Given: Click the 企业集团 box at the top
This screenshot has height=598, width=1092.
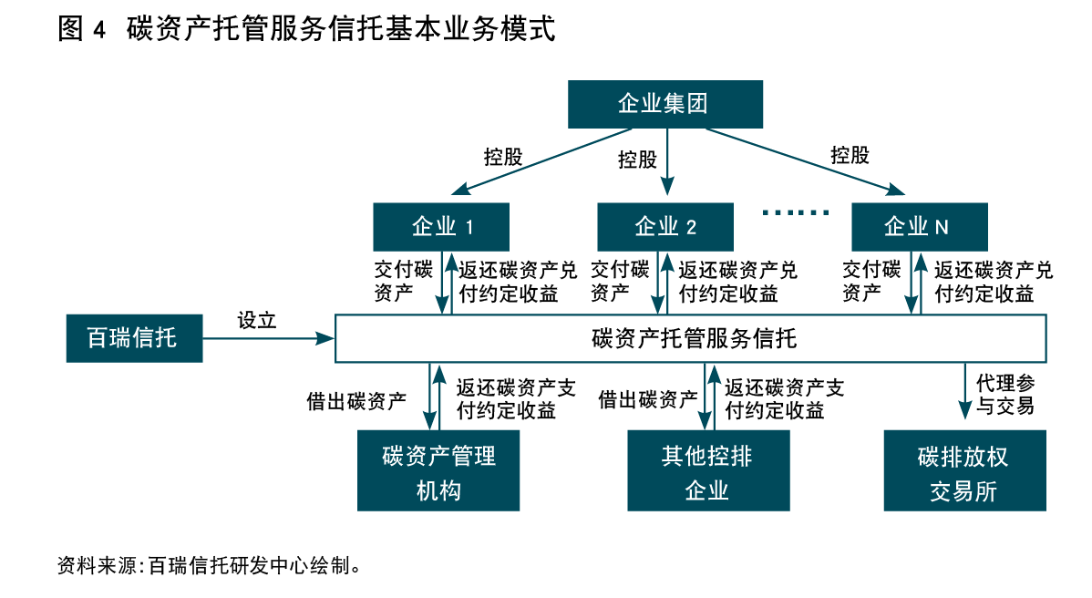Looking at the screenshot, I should coord(664,104).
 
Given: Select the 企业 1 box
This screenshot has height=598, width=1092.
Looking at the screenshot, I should coord(441,226).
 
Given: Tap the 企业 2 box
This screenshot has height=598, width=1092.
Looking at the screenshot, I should coord(665,226).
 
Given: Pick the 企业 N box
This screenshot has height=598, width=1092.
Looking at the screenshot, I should coord(918,226).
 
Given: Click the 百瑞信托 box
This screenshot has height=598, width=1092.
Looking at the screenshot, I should coord(134,338).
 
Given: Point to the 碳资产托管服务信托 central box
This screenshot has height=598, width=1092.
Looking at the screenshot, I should coord(692,339).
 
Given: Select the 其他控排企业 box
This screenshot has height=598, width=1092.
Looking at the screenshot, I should coord(707,471).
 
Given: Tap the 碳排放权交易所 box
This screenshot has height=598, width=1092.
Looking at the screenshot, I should coord(964,471).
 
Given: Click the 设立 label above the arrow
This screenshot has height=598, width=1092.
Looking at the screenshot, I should coord(256,320).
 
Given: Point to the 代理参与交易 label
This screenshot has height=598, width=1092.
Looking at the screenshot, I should coord(1004,393).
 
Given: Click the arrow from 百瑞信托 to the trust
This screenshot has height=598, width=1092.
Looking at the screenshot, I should coord(269,339).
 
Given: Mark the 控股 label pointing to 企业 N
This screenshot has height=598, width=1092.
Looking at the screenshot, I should coord(850,155).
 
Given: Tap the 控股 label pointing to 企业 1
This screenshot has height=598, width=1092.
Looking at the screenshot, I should coord(503,156).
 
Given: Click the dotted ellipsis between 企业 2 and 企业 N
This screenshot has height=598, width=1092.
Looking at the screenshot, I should coord(795,212).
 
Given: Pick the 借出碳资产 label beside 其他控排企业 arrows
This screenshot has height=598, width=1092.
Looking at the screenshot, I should coord(647,399).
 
